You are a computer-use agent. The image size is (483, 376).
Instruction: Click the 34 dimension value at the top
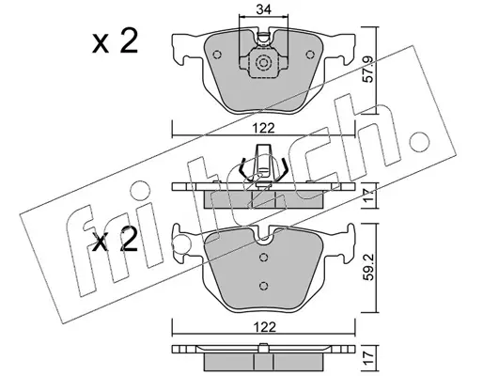(263, 10)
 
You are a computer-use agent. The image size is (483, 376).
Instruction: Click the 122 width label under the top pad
(263, 128)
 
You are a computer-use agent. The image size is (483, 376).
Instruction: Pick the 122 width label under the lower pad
(263, 327)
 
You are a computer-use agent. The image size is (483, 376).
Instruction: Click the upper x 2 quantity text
(115, 42)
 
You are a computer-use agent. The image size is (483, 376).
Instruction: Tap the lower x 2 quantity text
(115, 241)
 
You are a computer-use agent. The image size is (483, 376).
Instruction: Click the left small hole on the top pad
(217, 55)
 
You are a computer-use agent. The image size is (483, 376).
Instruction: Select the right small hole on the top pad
(310, 55)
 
